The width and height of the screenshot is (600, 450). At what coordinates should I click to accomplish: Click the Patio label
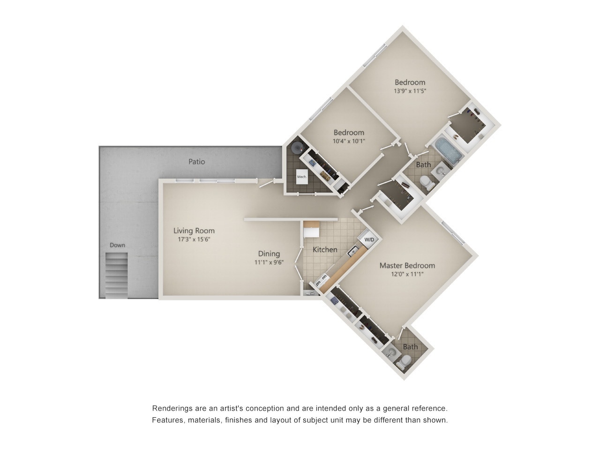pos(197,162)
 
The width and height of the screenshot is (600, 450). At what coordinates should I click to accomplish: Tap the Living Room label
pos(194,231)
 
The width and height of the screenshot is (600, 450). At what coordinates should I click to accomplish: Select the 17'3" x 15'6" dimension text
pos(194,240)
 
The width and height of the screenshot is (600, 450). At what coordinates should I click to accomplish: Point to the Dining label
pos(269,254)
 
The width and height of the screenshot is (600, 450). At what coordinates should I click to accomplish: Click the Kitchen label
pos(325,250)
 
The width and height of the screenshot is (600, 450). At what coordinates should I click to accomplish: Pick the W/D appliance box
pos(369,240)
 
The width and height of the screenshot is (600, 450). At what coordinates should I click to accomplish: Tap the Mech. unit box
pos(301,177)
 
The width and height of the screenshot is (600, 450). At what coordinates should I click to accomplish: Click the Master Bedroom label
pos(407,265)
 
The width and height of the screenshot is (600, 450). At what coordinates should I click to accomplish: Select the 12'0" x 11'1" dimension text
pos(407,274)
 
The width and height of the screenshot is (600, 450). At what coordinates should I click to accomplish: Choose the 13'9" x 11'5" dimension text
pos(410,91)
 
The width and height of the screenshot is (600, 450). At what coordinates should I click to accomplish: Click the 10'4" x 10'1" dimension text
pos(349,141)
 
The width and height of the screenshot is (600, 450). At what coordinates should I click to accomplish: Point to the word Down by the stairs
pos(117,245)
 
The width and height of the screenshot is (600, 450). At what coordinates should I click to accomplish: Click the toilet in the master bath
pos(404,361)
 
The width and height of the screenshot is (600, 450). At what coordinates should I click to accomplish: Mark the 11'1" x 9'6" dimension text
pos(269,263)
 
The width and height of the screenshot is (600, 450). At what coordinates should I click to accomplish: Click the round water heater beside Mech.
pos(297,148)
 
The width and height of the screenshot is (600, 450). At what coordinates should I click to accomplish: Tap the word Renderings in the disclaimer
pos(172,409)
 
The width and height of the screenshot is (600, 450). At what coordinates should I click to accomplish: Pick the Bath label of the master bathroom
pos(410,347)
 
